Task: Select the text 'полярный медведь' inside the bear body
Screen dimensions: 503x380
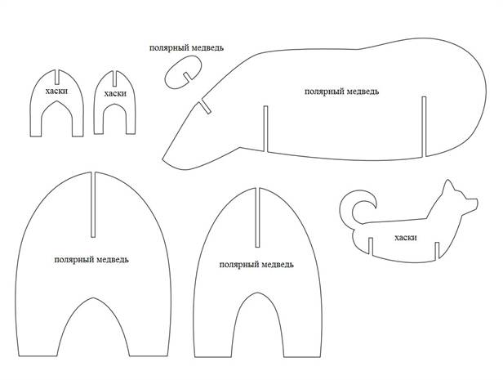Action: pyautogui.click(x=341, y=92)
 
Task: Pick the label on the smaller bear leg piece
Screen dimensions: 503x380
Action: pyautogui.click(x=257, y=266)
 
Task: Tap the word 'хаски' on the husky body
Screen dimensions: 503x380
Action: pyautogui.click(x=405, y=238)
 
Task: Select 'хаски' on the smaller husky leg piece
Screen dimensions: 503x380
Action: pyautogui.click(x=115, y=94)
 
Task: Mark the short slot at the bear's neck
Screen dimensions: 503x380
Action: pyautogui.click(x=206, y=106)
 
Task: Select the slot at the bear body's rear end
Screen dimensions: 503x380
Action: pyautogui.click(x=424, y=126)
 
